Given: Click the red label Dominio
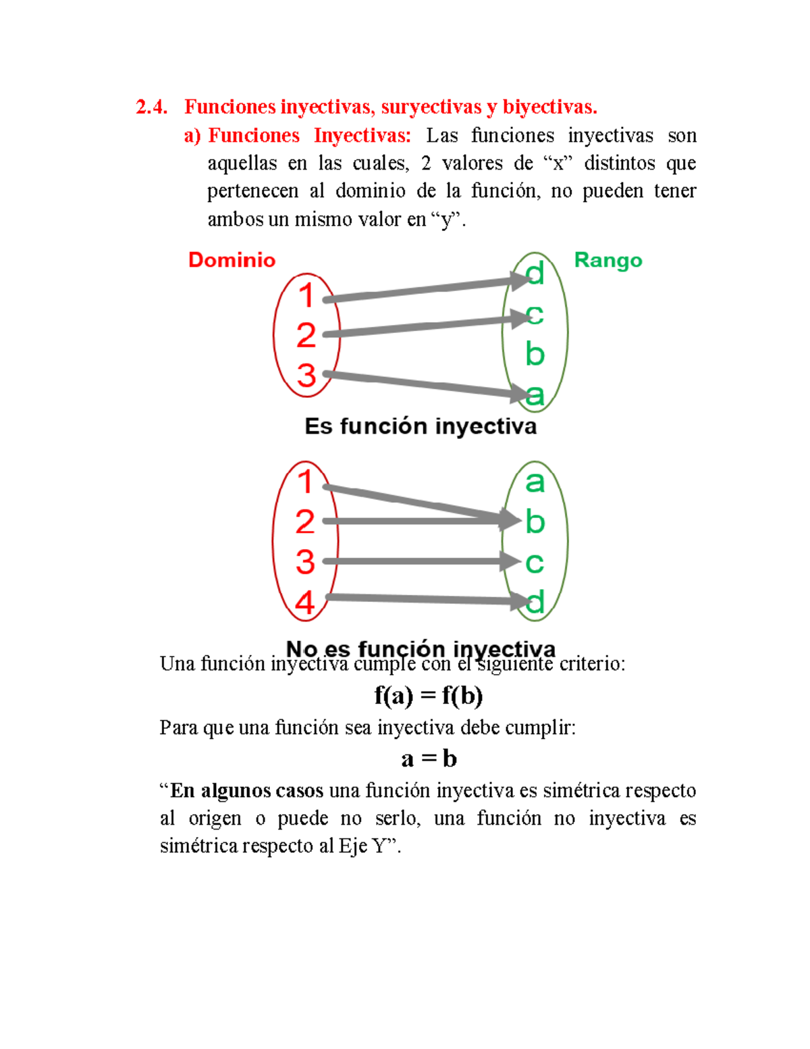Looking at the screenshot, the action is [x=232, y=260].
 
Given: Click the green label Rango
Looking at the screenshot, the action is [x=607, y=260].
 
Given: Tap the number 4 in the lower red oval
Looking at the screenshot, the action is [x=305, y=602].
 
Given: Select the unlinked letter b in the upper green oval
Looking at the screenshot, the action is [x=535, y=354].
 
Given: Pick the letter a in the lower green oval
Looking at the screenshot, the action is [x=535, y=482].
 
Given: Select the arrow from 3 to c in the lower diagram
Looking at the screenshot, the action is [x=412, y=561].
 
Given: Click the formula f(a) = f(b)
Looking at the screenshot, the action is [x=429, y=695].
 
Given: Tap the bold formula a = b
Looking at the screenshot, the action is [x=429, y=759].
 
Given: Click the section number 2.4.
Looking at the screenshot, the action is [x=152, y=107].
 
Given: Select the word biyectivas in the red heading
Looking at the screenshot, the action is [x=549, y=107].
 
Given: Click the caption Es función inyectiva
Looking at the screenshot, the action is [x=421, y=426].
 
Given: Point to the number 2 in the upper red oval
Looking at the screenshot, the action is [x=306, y=335].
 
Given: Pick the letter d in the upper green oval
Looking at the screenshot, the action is [x=535, y=274].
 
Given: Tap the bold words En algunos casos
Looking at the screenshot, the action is [x=246, y=790].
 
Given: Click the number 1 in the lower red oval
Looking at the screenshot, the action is [x=306, y=482].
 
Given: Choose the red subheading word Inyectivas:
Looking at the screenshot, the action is [x=362, y=136].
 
